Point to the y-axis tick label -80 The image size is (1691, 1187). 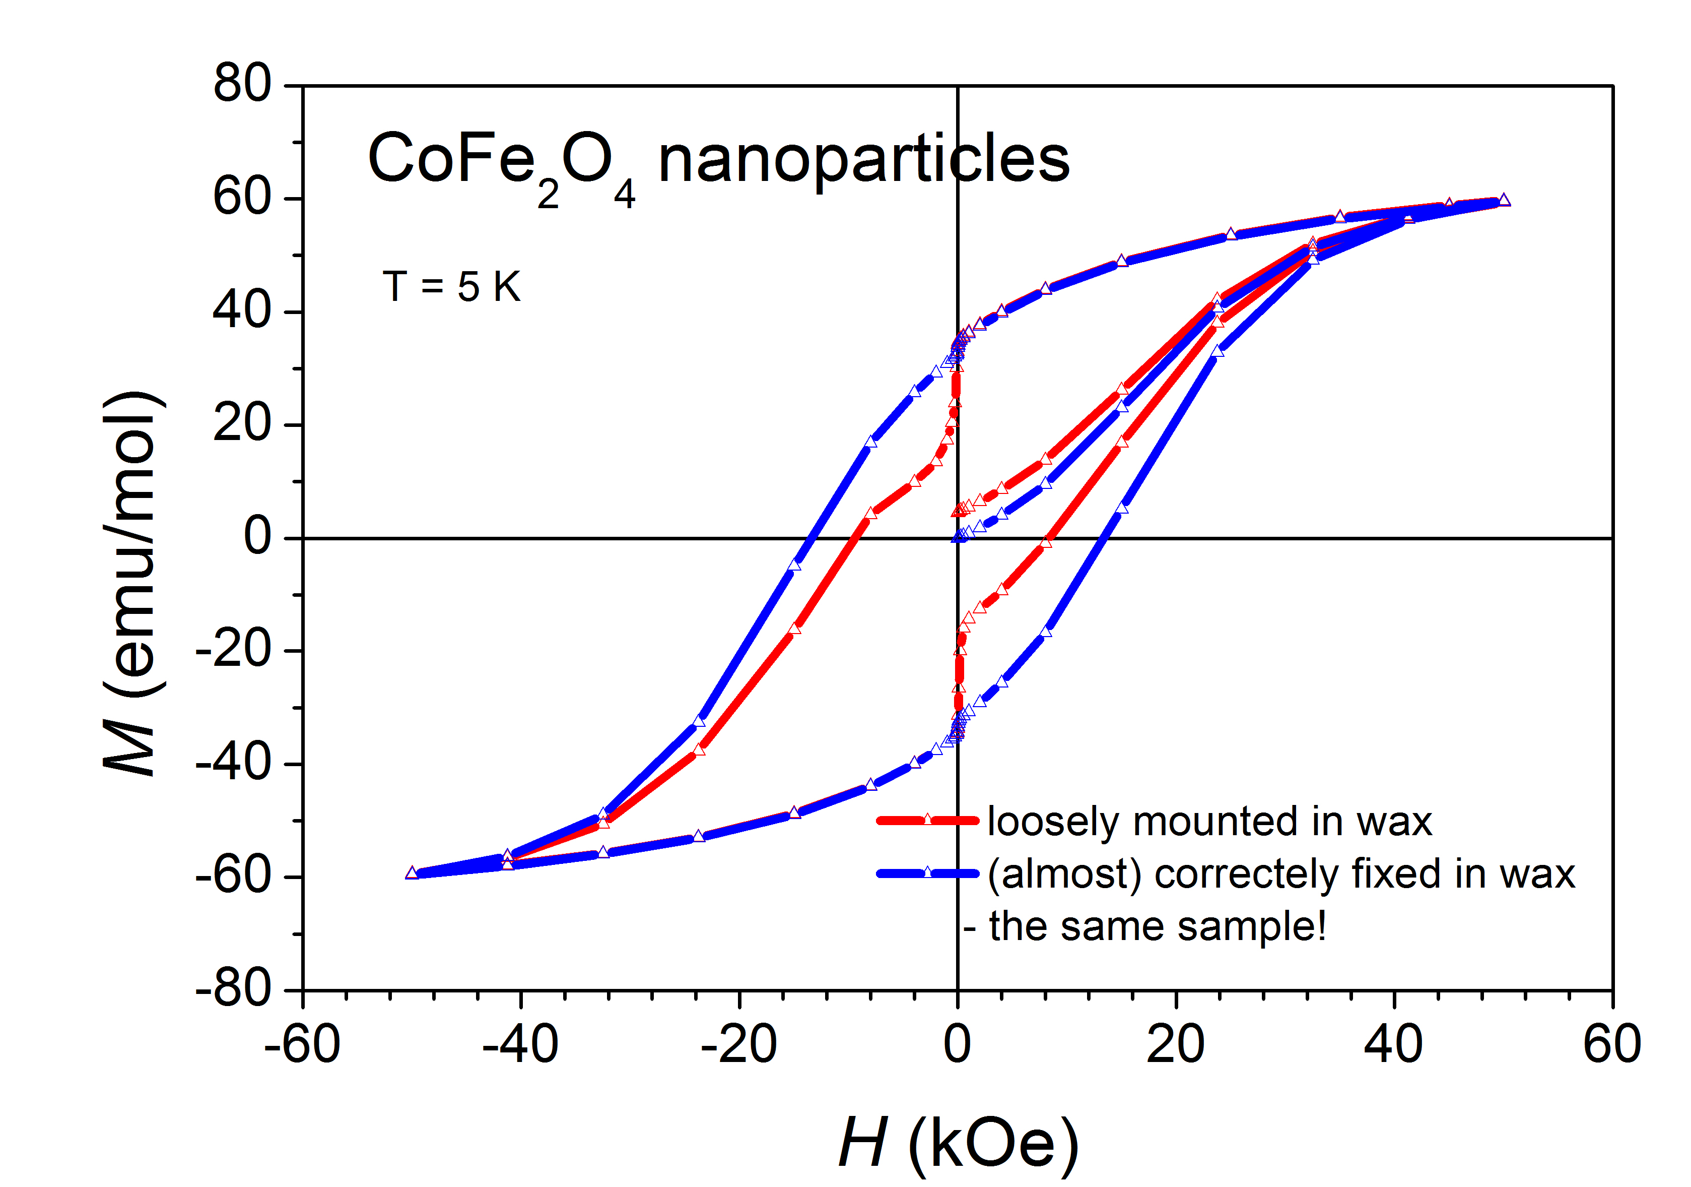[233, 989]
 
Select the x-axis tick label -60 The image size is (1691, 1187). [302, 1045]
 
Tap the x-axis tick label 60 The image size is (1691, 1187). [1611, 1045]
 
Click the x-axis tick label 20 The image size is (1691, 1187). [1176, 1045]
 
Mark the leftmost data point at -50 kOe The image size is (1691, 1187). [412, 873]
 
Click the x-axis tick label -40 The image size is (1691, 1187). [520, 1045]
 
